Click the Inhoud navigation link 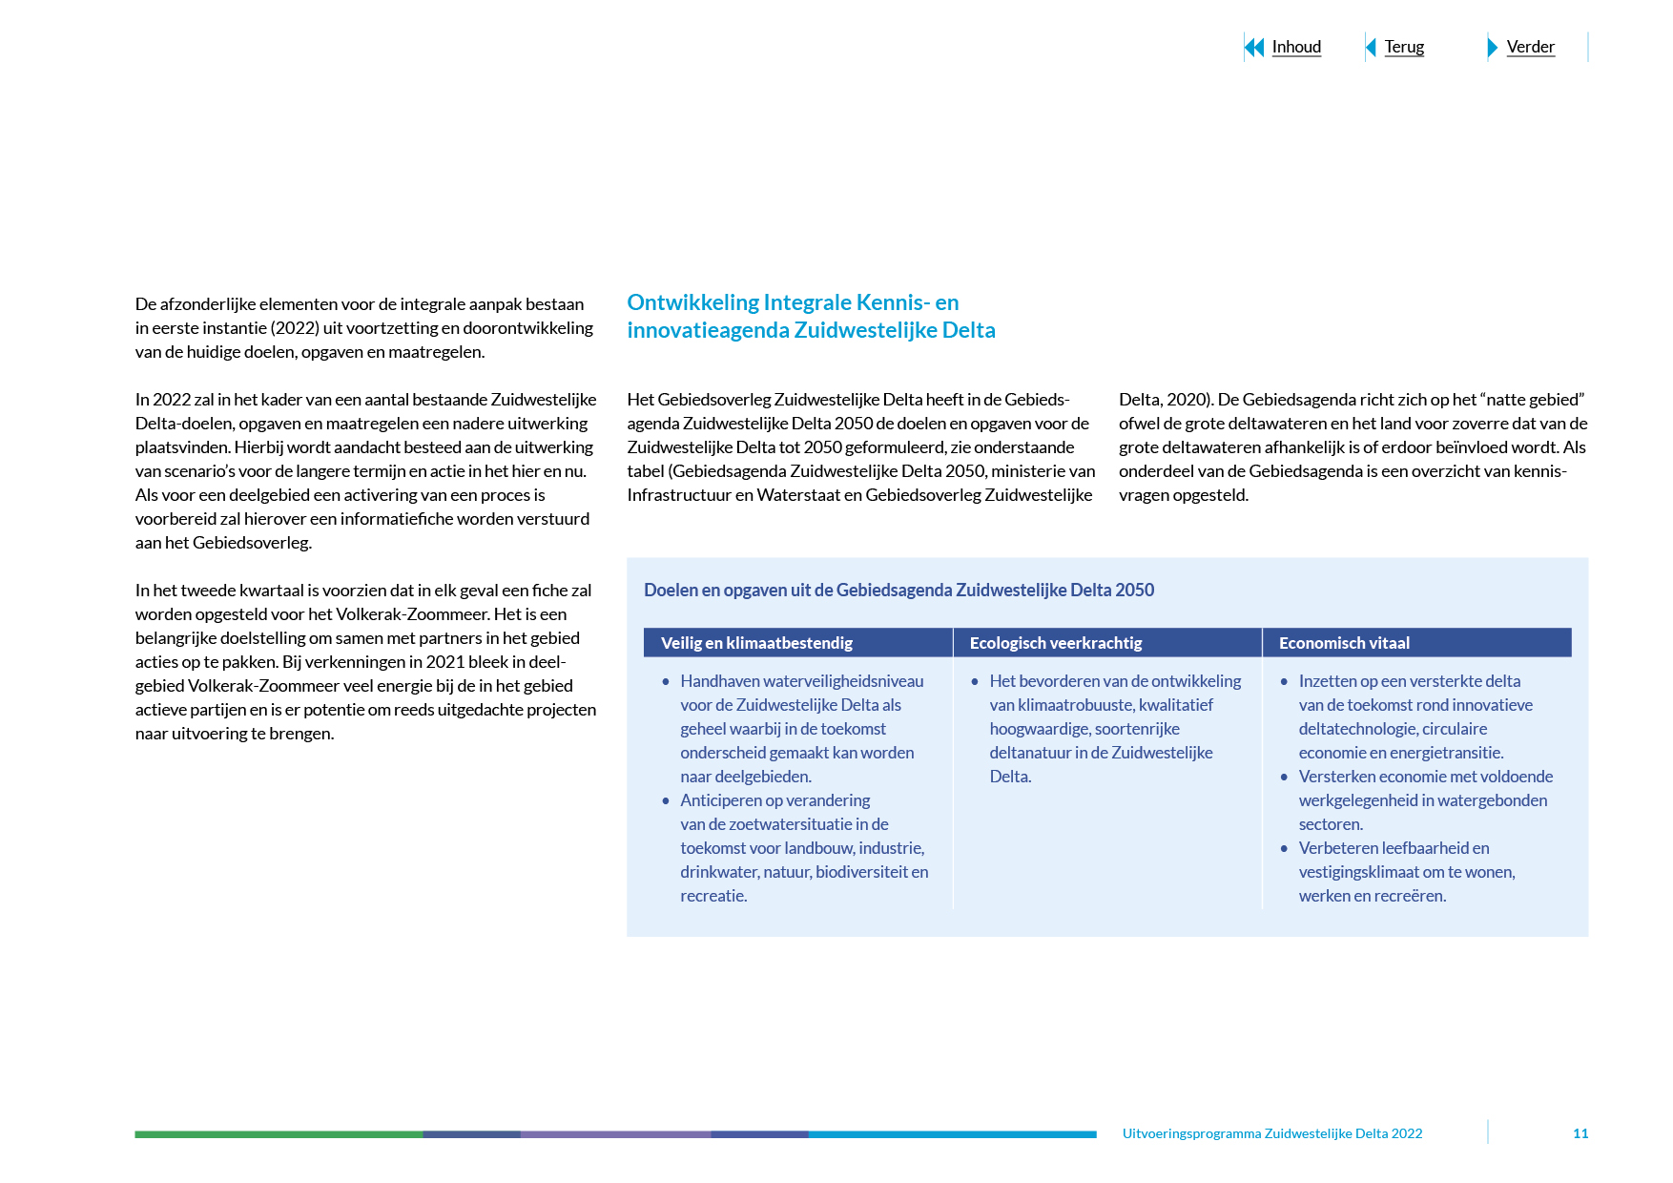click(x=1296, y=47)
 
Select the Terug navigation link click(x=1404, y=47)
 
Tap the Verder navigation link click(x=1530, y=47)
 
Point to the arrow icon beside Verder click(x=1493, y=47)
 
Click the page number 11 click(x=1580, y=1133)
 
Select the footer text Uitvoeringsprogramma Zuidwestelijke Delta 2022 click(x=1271, y=1133)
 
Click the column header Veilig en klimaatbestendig click(x=756, y=643)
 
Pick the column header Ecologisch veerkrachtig click(x=1055, y=643)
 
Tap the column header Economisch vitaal click(x=1344, y=643)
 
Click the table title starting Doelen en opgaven click(x=898, y=590)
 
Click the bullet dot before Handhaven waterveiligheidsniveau click(x=666, y=682)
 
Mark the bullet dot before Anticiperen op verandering click(x=666, y=801)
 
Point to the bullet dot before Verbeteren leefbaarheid click(x=1284, y=849)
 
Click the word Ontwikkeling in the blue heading click(x=692, y=302)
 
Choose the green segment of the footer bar click(x=278, y=1134)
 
